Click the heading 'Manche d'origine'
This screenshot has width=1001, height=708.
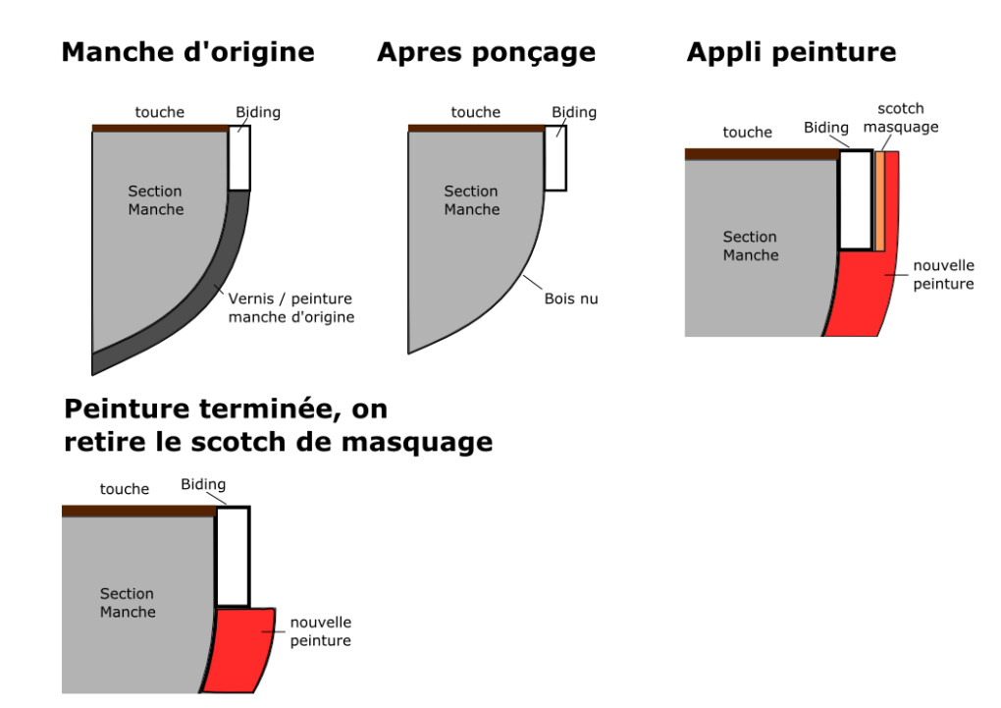coord(187,53)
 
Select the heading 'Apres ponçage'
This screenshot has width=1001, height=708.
coord(486,53)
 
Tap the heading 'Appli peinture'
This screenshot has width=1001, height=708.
coord(791,53)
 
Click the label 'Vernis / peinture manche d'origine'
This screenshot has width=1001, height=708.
coord(290,307)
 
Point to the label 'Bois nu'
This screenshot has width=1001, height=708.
coord(570,299)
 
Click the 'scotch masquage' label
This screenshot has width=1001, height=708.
coord(901,118)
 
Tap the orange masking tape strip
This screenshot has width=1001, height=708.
coord(880,201)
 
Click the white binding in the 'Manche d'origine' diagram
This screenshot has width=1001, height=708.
coord(239,157)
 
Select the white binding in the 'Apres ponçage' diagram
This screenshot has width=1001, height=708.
coord(555,157)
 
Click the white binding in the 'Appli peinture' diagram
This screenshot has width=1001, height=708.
coord(856,200)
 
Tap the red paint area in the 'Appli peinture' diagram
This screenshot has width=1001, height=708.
coord(864,290)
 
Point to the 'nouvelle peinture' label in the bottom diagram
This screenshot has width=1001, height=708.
coord(320,631)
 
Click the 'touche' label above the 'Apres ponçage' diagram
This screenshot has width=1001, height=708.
coord(475,112)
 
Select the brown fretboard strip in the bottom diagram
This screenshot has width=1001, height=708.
coord(137,511)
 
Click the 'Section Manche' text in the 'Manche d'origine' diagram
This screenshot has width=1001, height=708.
coord(156,200)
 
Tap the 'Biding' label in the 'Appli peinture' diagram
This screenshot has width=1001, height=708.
coord(825,128)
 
